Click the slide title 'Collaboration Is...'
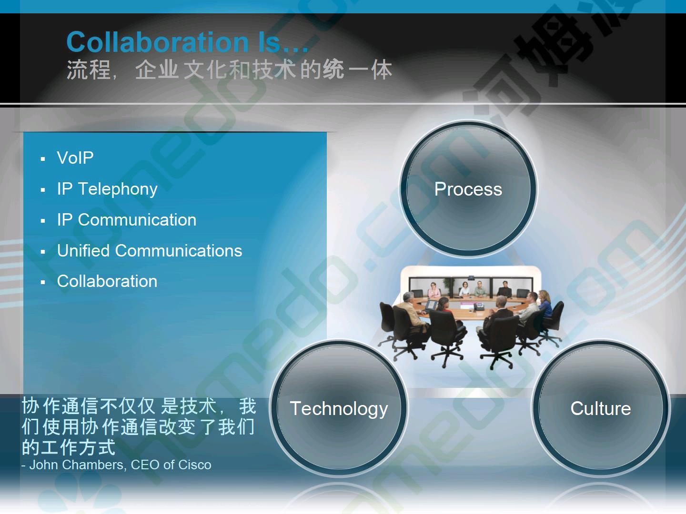188,42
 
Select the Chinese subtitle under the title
229,69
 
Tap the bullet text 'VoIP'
75,158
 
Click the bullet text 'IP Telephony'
107,189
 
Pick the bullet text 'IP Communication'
127,220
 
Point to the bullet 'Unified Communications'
150,250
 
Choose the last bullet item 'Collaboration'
107,281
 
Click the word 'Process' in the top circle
468,189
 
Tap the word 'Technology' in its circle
339,409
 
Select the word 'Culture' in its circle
601,408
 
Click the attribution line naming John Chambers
116,465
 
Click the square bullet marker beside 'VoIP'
43,159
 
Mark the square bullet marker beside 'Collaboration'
43,283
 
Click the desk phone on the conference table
478,306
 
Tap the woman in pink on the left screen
434,290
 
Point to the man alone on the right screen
504,289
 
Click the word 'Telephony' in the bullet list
118,189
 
